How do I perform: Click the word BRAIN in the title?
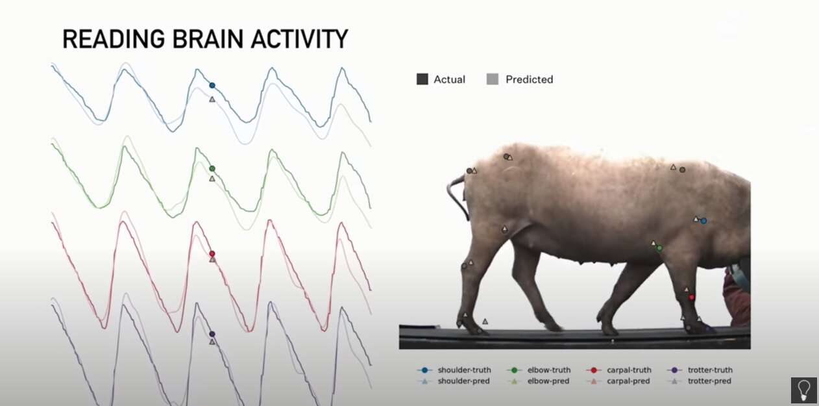pos(208,39)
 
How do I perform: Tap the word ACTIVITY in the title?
pos(299,39)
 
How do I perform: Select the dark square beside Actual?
pos(422,79)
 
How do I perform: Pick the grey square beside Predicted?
pos(493,79)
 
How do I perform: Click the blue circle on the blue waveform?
pos(212,85)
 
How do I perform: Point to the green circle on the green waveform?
pos(212,169)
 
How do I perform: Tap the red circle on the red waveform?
pos(212,254)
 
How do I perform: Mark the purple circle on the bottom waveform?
pos(212,334)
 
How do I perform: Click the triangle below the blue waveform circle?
pos(212,99)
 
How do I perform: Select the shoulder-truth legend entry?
pos(454,370)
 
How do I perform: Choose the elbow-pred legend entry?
pos(538,381)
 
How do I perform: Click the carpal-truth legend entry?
pos(618,370)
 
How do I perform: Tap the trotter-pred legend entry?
pos(700,381)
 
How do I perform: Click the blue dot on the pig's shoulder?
pos(703,221)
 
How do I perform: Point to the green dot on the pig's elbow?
pos(659,248)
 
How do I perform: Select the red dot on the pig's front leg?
pos(691,298)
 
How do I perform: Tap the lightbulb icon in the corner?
pos(803,390)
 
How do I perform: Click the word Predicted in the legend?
pos(529,79)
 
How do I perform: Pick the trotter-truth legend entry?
pos(700,370)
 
